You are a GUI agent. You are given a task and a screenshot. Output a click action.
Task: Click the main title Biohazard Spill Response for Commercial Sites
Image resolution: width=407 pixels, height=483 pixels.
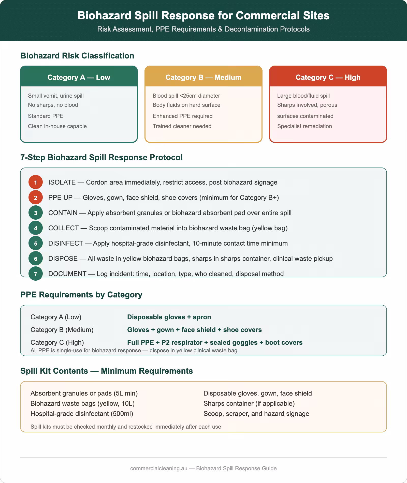[203, 16]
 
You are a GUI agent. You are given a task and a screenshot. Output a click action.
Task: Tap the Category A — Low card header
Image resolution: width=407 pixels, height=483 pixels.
[79, 77]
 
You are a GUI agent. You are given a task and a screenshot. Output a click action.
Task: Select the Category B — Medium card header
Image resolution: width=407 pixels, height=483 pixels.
[203, 77]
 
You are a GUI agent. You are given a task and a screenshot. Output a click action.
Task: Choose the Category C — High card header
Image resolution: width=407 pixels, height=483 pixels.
[328, 77]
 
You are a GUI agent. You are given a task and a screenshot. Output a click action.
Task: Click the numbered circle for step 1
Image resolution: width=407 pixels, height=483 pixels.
[36, 182]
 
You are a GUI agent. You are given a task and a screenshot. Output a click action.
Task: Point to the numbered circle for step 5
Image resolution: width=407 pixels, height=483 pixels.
[36, 243]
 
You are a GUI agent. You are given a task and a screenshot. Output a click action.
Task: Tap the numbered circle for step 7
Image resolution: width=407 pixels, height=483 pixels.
[36, 274]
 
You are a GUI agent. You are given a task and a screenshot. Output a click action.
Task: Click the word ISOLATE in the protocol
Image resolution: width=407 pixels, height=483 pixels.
[62, 182]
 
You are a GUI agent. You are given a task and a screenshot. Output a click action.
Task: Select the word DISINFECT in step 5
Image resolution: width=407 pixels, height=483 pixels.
[66, 243]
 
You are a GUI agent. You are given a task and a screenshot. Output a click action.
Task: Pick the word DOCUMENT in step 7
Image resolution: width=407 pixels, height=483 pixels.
[67, 274]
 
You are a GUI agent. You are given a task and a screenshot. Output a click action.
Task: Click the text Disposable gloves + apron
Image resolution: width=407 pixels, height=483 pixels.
[169, 317]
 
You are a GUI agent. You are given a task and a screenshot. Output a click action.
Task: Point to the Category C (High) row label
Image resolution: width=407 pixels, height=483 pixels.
[57, 342]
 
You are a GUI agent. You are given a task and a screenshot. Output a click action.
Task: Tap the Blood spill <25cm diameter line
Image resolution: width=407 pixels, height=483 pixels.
[186, 96]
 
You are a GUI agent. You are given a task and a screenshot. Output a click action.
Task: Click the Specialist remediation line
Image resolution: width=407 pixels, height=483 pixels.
[304, 126]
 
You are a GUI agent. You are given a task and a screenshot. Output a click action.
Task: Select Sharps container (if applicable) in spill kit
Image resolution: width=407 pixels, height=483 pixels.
[249, 403]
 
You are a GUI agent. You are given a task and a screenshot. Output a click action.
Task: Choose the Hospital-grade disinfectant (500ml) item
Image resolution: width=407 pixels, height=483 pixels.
[82, 414]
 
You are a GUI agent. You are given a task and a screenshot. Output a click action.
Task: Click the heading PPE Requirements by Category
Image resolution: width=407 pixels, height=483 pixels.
[81, 295]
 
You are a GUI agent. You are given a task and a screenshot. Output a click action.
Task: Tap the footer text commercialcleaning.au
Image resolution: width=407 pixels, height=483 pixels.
[159, 468]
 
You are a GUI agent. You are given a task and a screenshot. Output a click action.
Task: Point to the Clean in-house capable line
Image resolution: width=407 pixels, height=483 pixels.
[57, 126]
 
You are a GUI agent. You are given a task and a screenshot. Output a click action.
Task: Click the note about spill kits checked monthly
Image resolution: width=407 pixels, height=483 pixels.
[126, 427]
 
